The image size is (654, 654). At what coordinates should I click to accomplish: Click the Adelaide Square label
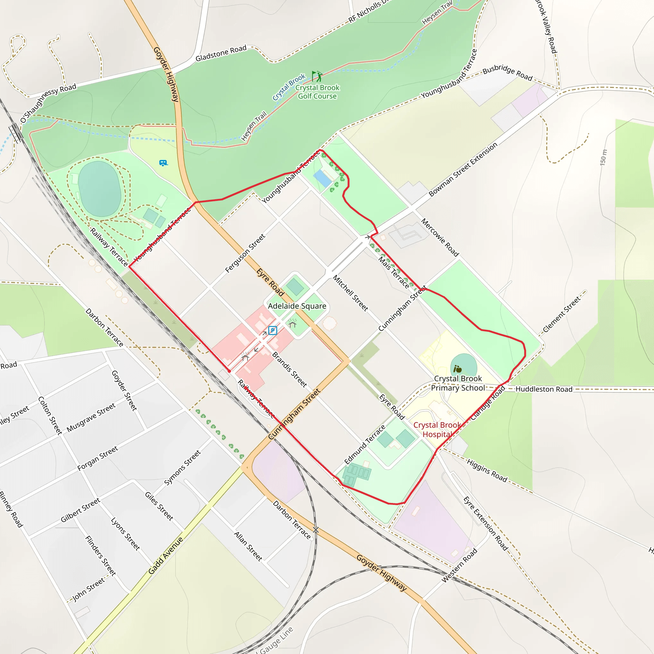coord(297,306)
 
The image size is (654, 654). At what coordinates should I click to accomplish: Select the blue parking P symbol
coord(272,331)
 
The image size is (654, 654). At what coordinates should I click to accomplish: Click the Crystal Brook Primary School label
coord(458,383)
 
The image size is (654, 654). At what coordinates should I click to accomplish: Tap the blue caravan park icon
coord(163,163)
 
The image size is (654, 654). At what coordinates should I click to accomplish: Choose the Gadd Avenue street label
coord(165,556)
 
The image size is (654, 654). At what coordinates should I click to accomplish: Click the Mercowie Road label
coord(440,237)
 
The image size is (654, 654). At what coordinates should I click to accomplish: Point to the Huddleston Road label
coord(544,389)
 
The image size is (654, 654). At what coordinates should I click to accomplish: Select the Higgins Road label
coord(487,470)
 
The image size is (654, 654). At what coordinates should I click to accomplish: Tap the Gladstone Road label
coord(221,53)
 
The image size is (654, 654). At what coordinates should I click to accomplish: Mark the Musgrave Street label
coord(91,417)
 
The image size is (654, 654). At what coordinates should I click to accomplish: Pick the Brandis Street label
coord(289,370)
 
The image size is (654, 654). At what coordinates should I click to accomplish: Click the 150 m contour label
coord(603,157)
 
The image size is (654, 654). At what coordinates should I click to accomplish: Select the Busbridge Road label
coord(507,73)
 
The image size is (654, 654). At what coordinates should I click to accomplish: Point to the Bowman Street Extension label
coord(463,169)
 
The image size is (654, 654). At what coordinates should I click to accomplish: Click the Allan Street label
coord(248,546)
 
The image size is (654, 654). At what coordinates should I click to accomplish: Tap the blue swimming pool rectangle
coord(323,179)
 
